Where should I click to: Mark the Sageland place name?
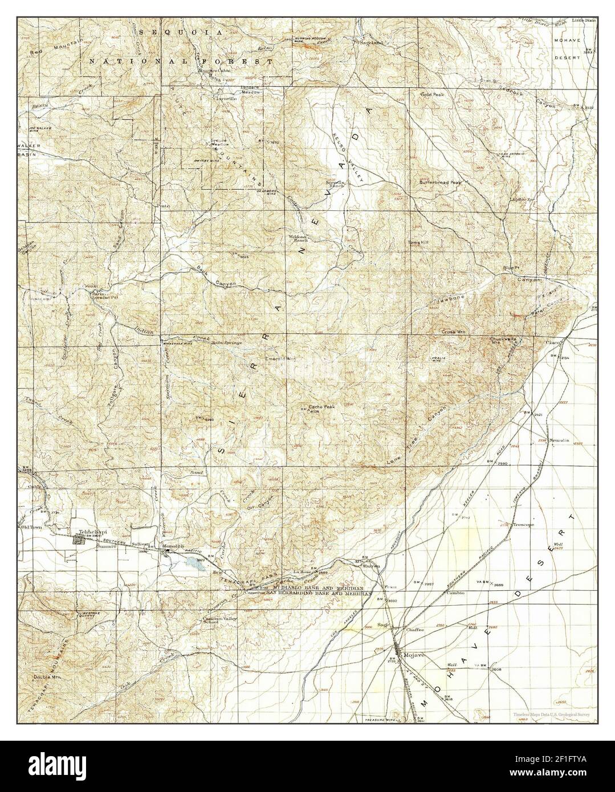coord(371,42)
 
